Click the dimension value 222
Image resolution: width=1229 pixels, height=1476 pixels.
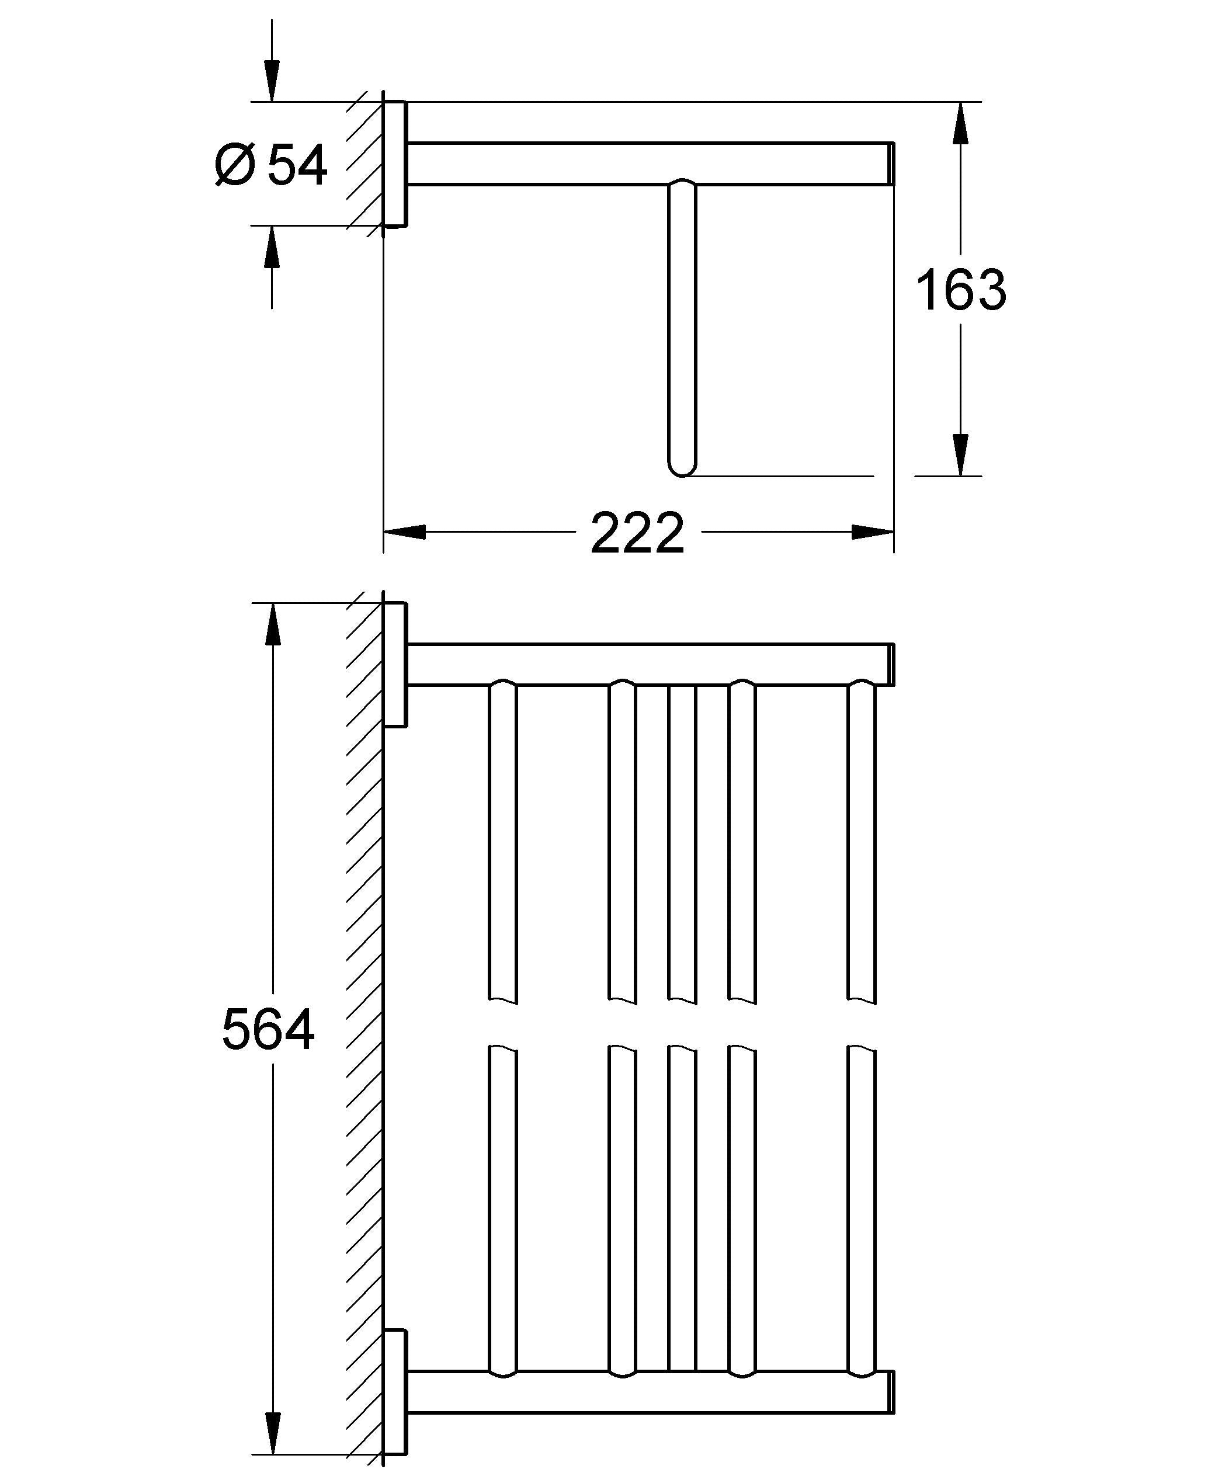637,532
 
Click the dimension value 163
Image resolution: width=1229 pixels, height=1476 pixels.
960,290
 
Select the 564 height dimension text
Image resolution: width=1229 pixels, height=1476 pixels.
268,1030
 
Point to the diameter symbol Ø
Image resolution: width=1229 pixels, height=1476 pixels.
234,165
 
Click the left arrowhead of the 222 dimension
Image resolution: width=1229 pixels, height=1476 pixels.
405,532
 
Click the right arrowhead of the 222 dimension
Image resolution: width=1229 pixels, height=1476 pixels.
873,532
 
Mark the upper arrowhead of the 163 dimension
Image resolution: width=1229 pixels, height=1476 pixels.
960,123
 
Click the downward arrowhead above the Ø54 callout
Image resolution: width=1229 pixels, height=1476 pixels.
272,81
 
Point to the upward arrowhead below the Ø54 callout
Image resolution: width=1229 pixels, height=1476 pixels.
272,246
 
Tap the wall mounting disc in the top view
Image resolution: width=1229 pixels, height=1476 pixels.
395,164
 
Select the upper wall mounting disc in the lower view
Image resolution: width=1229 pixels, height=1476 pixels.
395,664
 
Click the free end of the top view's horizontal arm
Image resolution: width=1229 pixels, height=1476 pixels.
893,164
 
